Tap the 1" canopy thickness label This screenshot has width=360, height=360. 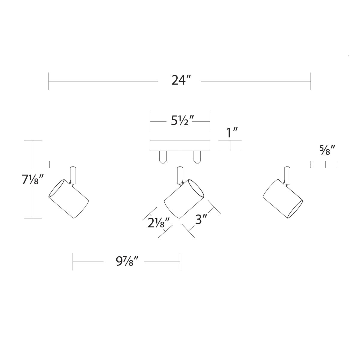point(232,132)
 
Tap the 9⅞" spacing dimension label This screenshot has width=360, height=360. point(127,262)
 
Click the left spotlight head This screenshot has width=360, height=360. point(69,199)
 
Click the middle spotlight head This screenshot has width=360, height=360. point(184,199)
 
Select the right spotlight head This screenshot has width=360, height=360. point(283,199)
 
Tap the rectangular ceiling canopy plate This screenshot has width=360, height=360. point(180,145)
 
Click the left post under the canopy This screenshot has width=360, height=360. point(163,157)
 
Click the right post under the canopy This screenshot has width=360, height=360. point(197,157)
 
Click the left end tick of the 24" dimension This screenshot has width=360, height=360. point(49,81)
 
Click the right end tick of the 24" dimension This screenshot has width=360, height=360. point(311,81)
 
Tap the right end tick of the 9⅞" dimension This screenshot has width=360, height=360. point(180,262)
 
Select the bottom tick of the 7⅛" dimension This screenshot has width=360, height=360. point(33,218)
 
